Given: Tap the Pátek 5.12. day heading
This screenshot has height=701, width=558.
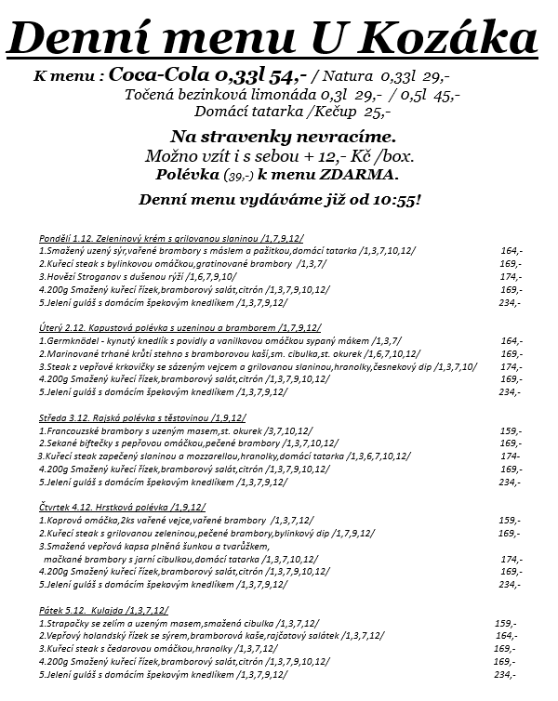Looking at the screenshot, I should [x=60, y=610].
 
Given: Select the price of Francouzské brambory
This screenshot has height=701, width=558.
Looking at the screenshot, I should [x=510, y=430].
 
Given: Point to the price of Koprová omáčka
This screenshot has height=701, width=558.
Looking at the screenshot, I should [x=510, y=521].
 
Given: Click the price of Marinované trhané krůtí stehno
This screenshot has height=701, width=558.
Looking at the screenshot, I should [x=511, y=353].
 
